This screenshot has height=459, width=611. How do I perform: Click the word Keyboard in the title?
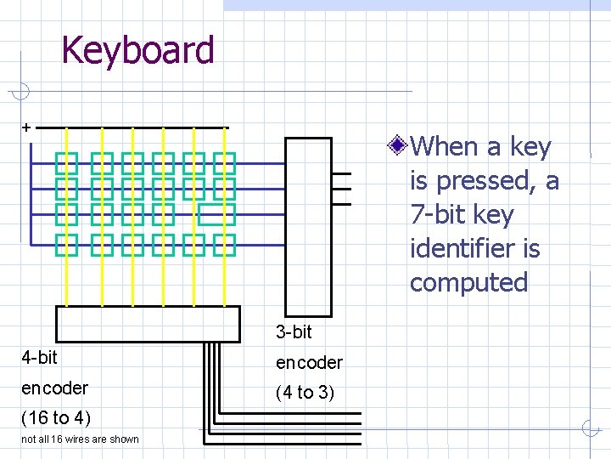(x=137, y=50)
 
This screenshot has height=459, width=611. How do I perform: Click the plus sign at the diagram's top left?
(x=26, y=127)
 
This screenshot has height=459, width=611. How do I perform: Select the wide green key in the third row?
(x=217, y=214)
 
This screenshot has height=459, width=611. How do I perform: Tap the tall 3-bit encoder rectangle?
(x=308, y=226)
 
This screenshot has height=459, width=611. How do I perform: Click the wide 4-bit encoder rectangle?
(x=148, y=323)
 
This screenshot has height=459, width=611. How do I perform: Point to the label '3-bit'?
(x=294, y=331)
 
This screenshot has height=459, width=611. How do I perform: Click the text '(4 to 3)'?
(x=305, y=393)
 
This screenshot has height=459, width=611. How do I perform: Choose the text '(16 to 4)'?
(x=55, y=417)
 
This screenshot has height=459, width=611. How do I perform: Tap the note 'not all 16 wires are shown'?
(x=80, y=439)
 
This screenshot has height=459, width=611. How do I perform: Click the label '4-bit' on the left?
(x=39, y=357)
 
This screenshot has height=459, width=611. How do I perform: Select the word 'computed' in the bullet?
(x=468, y=282)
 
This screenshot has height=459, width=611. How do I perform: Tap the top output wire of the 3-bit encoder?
(x=341, y=173)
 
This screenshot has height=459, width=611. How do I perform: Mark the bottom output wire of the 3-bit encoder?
(x=341, y=203)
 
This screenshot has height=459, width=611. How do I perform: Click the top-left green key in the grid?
(x=66, y=161)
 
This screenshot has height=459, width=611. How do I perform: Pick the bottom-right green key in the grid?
(x=224, y=244)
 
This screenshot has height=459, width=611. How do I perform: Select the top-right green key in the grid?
(x=224, y=161)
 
